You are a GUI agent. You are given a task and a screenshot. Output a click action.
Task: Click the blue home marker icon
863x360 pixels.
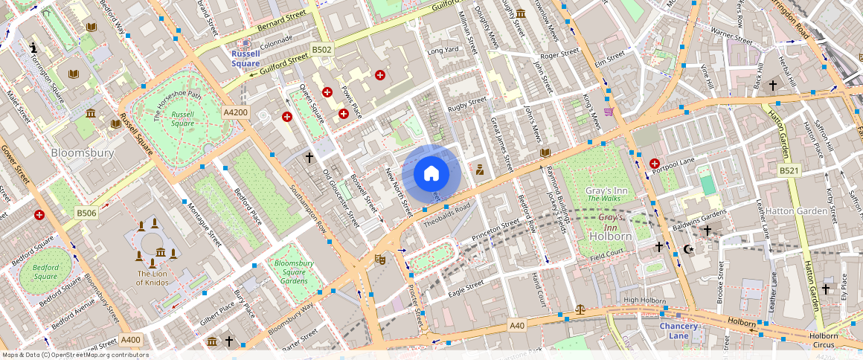pos(431,174)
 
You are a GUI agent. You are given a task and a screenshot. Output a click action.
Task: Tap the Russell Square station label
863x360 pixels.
pos(246,58)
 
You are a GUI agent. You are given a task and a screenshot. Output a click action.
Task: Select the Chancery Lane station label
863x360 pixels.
pos(678,330)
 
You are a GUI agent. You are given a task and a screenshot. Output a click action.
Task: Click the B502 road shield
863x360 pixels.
pos(321,49)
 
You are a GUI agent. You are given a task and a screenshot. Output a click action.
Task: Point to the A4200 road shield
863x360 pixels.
pos(235,112)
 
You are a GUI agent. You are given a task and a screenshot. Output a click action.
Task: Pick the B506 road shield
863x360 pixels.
pos(86,213)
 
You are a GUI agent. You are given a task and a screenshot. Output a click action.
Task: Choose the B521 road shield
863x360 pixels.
pos(790,171)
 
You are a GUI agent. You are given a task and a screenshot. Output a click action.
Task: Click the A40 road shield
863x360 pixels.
pos(517,325)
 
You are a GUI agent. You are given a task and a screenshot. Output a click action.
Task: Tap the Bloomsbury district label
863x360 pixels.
pos(82,152)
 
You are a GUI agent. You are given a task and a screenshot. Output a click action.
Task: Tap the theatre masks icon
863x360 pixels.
pos(380,259)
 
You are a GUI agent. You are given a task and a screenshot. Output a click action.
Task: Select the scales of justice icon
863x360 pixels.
pos(580,309)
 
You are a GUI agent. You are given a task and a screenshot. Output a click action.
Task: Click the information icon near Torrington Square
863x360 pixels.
pos(33,48)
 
